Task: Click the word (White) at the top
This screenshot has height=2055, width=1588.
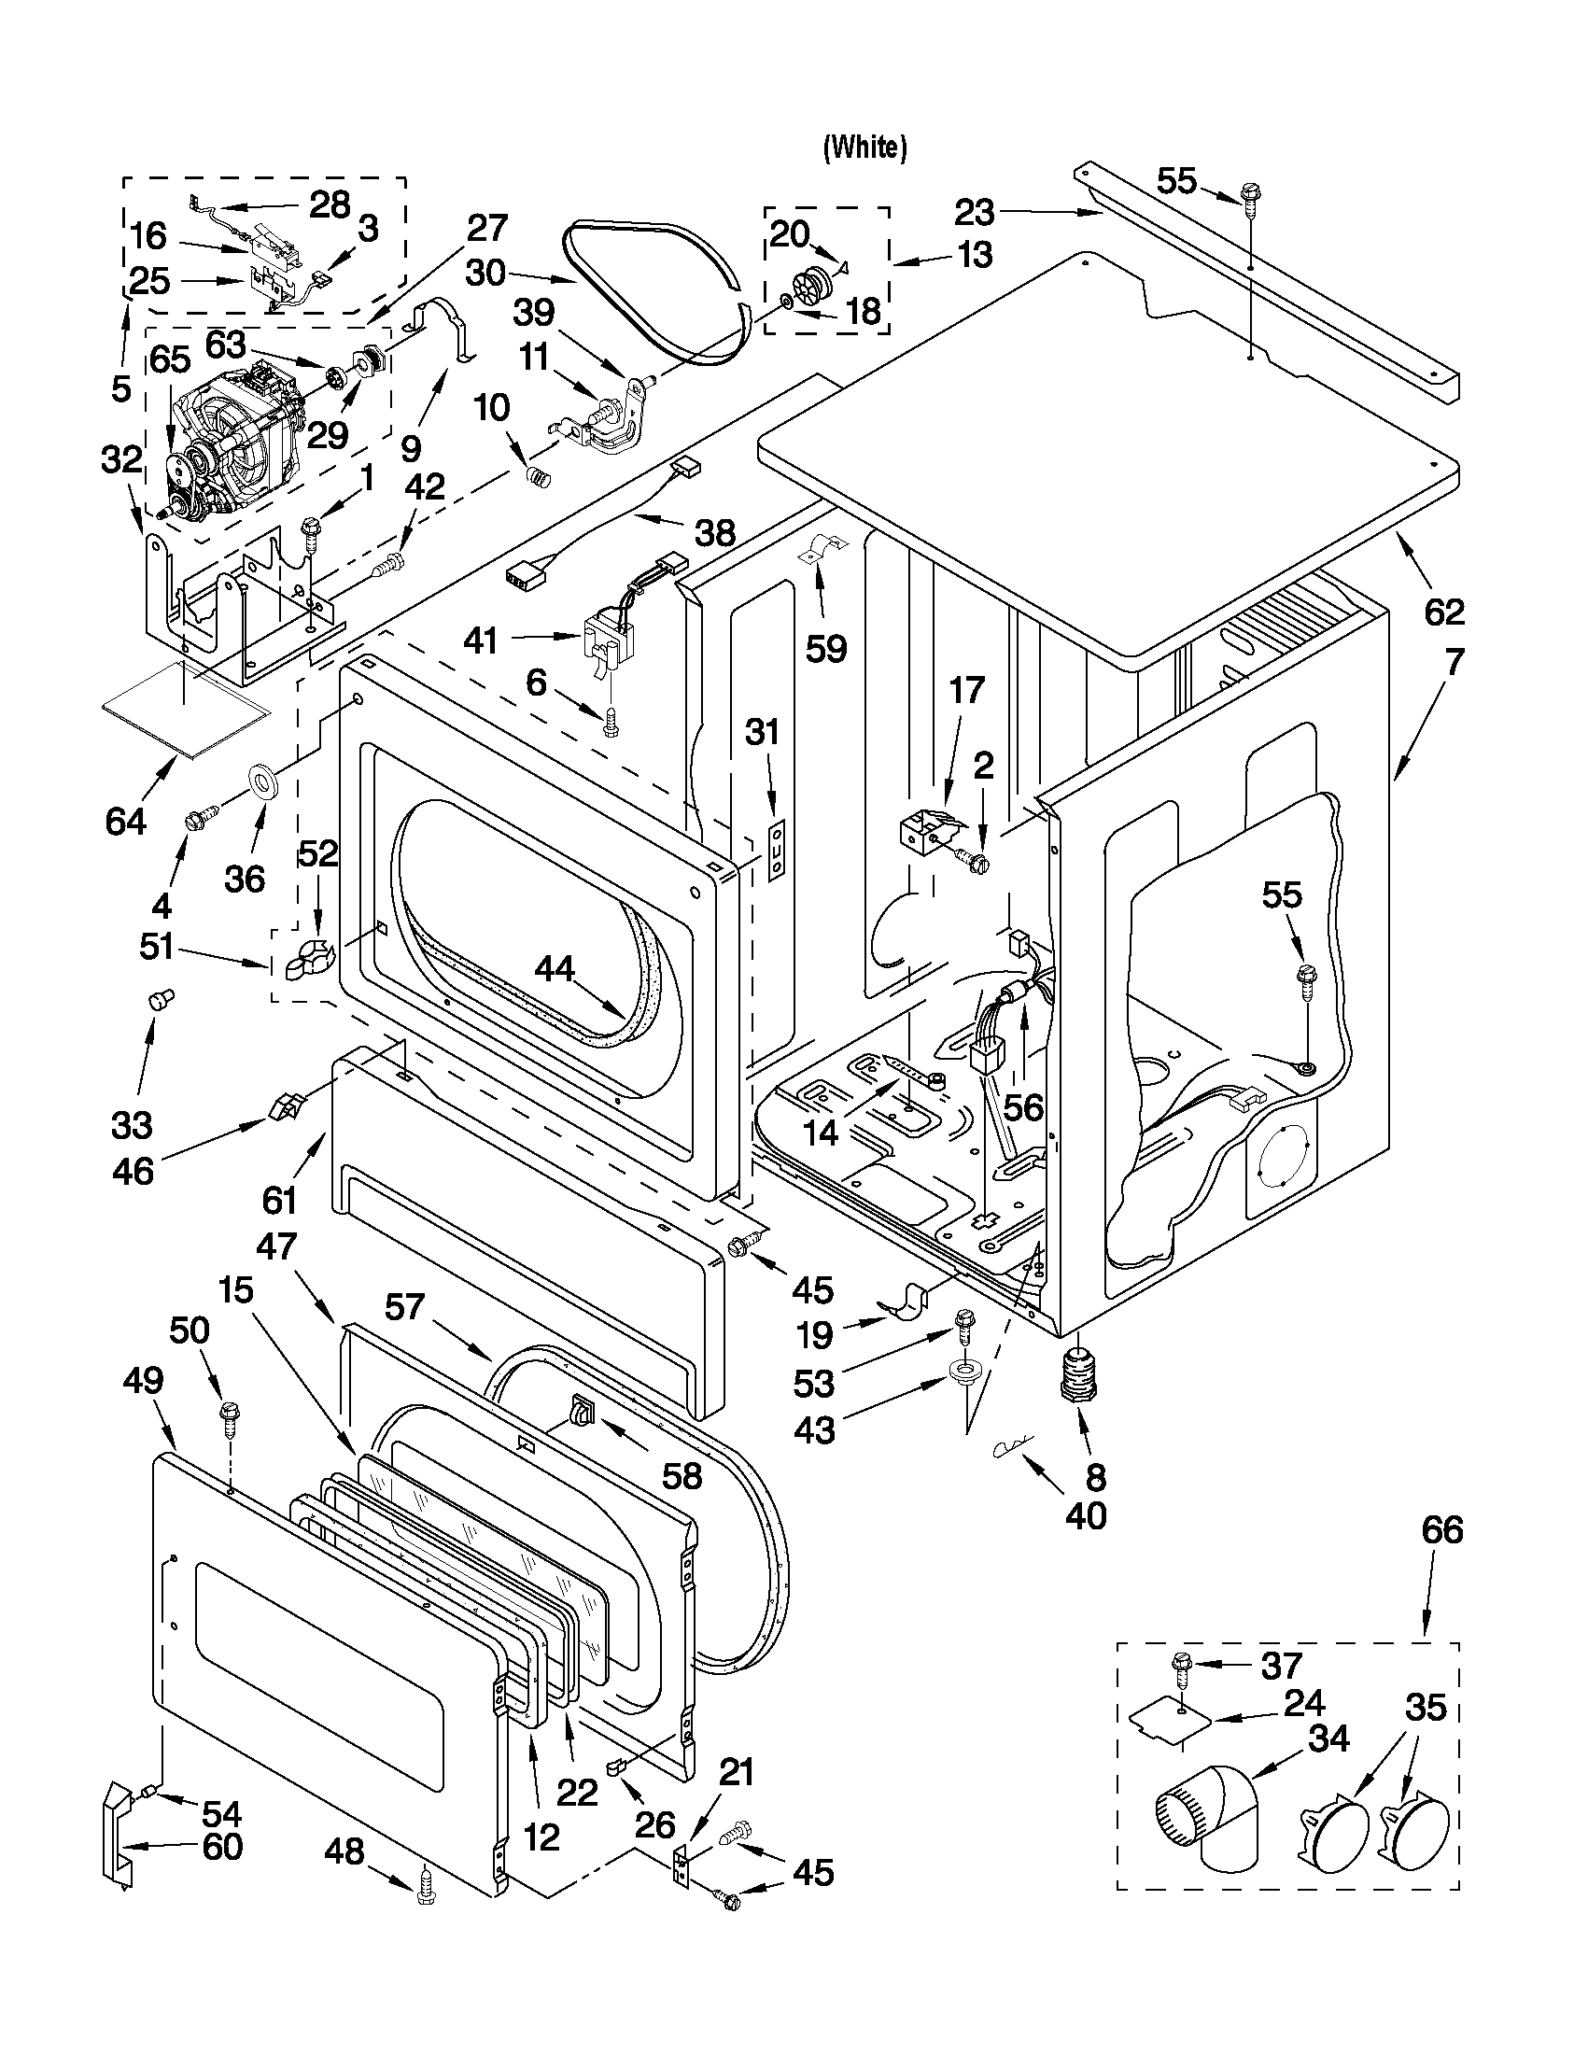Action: coord(864,147)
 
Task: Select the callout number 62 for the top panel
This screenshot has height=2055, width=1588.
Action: coord(1444,612)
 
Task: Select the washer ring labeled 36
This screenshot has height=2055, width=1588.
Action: coord(262,781)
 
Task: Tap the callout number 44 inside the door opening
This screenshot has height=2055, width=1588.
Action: coord(555,968)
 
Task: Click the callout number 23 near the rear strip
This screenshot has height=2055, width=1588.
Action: coord(975,214)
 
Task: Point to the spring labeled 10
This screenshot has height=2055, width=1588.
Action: coord(537,475)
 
